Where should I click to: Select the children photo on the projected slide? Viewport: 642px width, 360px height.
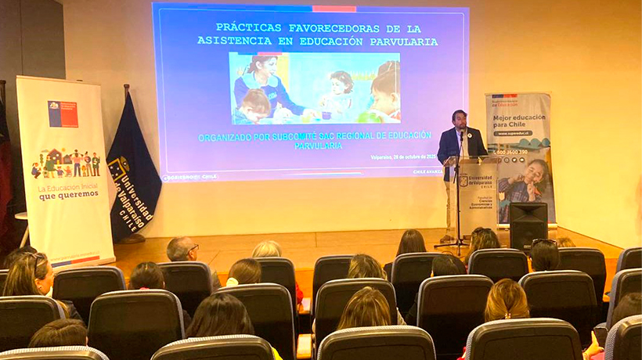tap(314, 88)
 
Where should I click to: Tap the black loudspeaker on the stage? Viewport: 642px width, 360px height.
tap(528, 225)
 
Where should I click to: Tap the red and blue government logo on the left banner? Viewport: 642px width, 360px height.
tap(63, 113)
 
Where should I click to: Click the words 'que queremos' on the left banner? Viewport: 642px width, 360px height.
tap(69, 196)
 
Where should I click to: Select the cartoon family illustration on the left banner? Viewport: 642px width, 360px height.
tap(66, 164)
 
